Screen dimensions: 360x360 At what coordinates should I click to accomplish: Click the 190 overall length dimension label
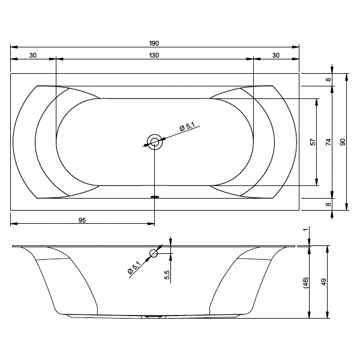click(154, 43)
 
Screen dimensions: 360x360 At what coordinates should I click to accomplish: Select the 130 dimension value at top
click(154, 55)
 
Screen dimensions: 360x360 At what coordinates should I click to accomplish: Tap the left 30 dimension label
click(33, 55)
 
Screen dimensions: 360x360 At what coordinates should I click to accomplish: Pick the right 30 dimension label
click(276, 55)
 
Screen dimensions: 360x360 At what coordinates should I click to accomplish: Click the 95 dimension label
click(82, 220)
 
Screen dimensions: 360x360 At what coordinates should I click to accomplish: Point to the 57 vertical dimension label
click(313, 142)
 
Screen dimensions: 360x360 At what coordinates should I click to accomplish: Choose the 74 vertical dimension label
click(329, 142)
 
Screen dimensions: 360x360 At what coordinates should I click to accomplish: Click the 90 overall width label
click(343, 142)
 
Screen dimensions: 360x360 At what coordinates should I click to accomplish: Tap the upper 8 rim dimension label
click(329, 79)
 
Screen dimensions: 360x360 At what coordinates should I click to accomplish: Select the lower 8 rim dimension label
click(329, 204)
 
